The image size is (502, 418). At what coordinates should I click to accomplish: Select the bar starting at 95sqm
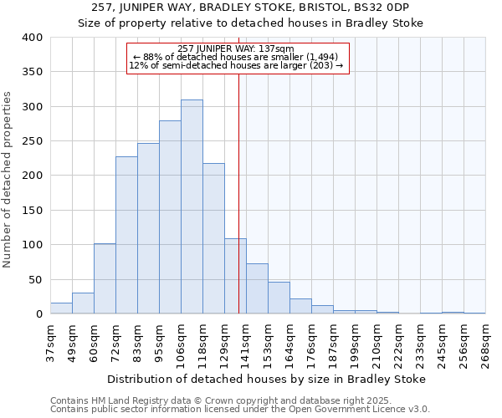click(170, 217)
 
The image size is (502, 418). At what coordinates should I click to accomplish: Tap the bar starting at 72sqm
click(126, 235)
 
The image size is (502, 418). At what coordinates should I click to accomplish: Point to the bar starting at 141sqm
click(257, 289)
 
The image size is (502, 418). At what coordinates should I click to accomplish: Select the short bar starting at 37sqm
click(61, 308)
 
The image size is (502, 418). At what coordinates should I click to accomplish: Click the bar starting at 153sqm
click(279, 298)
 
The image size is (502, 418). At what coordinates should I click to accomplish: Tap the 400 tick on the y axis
click(32, 38)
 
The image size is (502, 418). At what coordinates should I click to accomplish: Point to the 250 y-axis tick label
click(32, 141)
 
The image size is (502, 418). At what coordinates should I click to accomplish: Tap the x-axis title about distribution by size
click(268, 379)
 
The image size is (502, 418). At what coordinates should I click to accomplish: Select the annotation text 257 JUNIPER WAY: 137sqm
click(237, 48)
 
